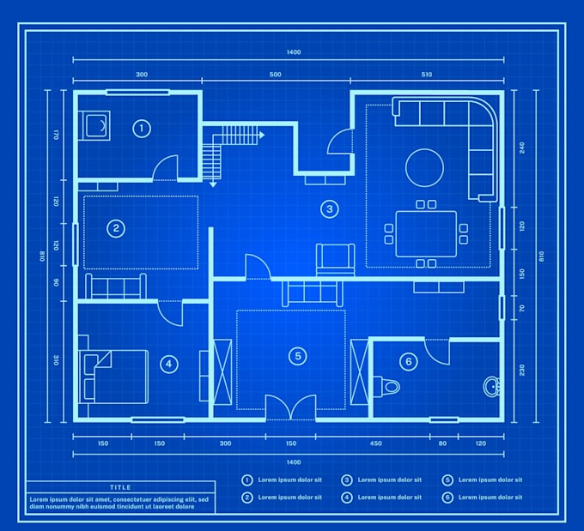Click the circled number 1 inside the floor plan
click(x=142, y=129)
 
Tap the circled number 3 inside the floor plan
click(x=327, y=208)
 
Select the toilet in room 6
click(x=390, y=386)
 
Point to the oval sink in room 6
click(x=491, y=386)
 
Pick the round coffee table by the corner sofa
click(x=425, y=167)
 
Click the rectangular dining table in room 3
click(x=426, y=233)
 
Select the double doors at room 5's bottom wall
click(x=290, y=407)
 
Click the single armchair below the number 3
click(x=335, y=259)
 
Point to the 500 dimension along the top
click(x=275, y=75)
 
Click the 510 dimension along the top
click(x=427, y=75)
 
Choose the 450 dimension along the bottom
click(x=375, y=444)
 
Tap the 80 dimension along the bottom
click(x=442, y=444)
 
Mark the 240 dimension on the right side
click(x=520, y=147)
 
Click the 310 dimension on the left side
click(x=55, y=360)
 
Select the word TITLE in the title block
click(x=120, y=487)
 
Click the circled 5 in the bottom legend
click(x=447, y=480)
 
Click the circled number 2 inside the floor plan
click(x=115, y=228)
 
